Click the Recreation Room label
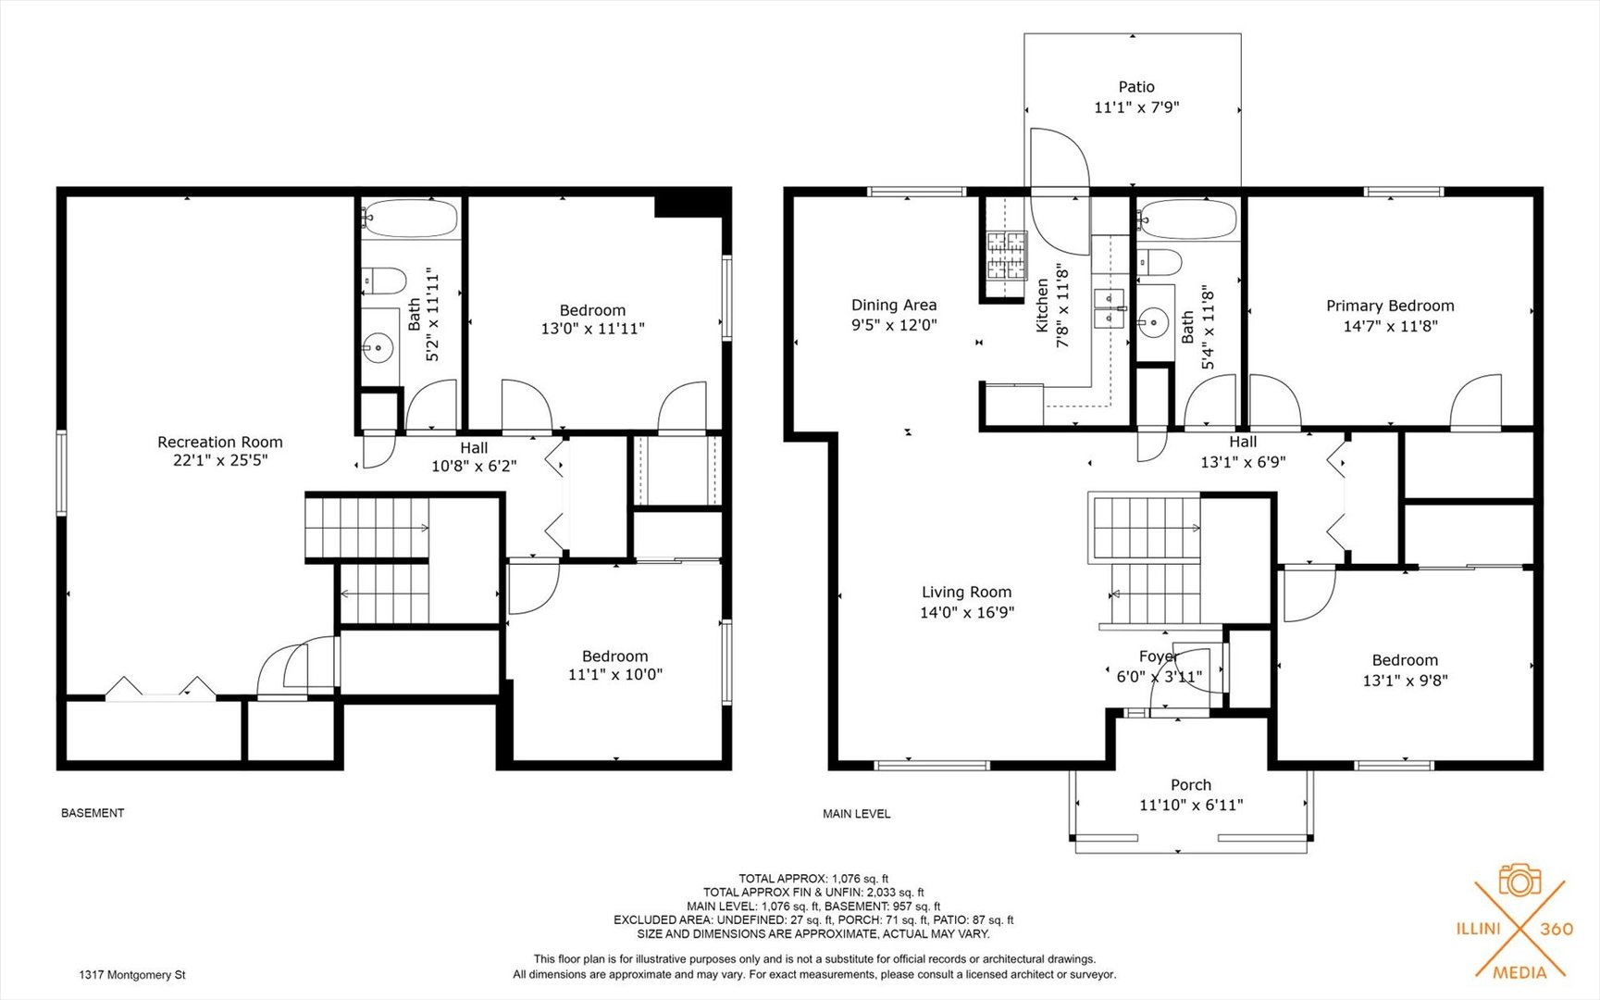[x=220, y=443]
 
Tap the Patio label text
[x=1136, y=87]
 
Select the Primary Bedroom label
[x=1390, y=306]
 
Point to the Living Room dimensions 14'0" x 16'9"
[x=967, y=612]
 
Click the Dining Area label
[x=894, y=306]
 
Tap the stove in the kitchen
[x=1007, y=256]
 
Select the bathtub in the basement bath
[x=410, y=219]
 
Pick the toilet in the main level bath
[x=1159, y=263]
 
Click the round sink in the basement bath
[x=378, y=349]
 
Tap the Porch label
[x=1191, y=785]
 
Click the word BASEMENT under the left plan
[x=93, y=813]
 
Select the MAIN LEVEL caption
[x=857, y=814]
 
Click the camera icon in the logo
[x=1519, y=880]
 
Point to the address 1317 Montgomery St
[x=132, y=975]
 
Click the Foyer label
[x=1158, y=656]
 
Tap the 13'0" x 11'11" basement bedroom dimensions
[x=593, y=329]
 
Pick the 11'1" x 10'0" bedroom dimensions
[x=615, y=675]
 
